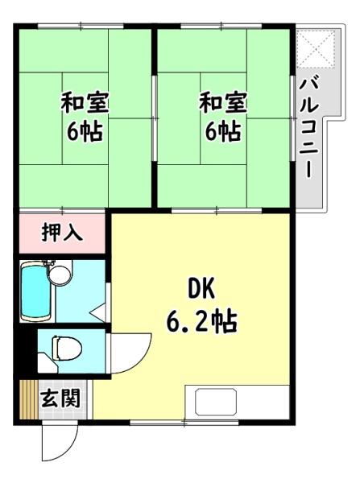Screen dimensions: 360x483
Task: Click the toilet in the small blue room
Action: pyautogui.click(x=67, y=348)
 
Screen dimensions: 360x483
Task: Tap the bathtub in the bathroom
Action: pyautogui.click(x=35, y=292)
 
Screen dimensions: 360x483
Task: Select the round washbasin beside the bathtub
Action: pyautogui.click(x=60, y=275)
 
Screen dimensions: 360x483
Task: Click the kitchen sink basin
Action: pyautogui.click(x=216, y=402)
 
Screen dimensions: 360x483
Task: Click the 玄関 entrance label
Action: pyautogui.click(x=60, y=398)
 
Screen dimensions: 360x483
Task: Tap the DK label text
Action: pyautogui.click(x=201, y=289)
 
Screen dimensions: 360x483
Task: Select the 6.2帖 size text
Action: pyautogui.click(x=202, y=321)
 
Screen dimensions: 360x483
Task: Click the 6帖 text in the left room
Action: pyautogui.click(x=85, y=131)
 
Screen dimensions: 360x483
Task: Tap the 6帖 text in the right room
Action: pyautogui.click(x=223, y=131)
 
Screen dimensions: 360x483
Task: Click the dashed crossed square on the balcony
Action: pyautogui.click(x=316, y=48)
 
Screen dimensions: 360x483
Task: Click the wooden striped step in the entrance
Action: pyautogui.click(x=29, y=400)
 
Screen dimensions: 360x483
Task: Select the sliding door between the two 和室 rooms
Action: pyautogui.click(x=155, y=118)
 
